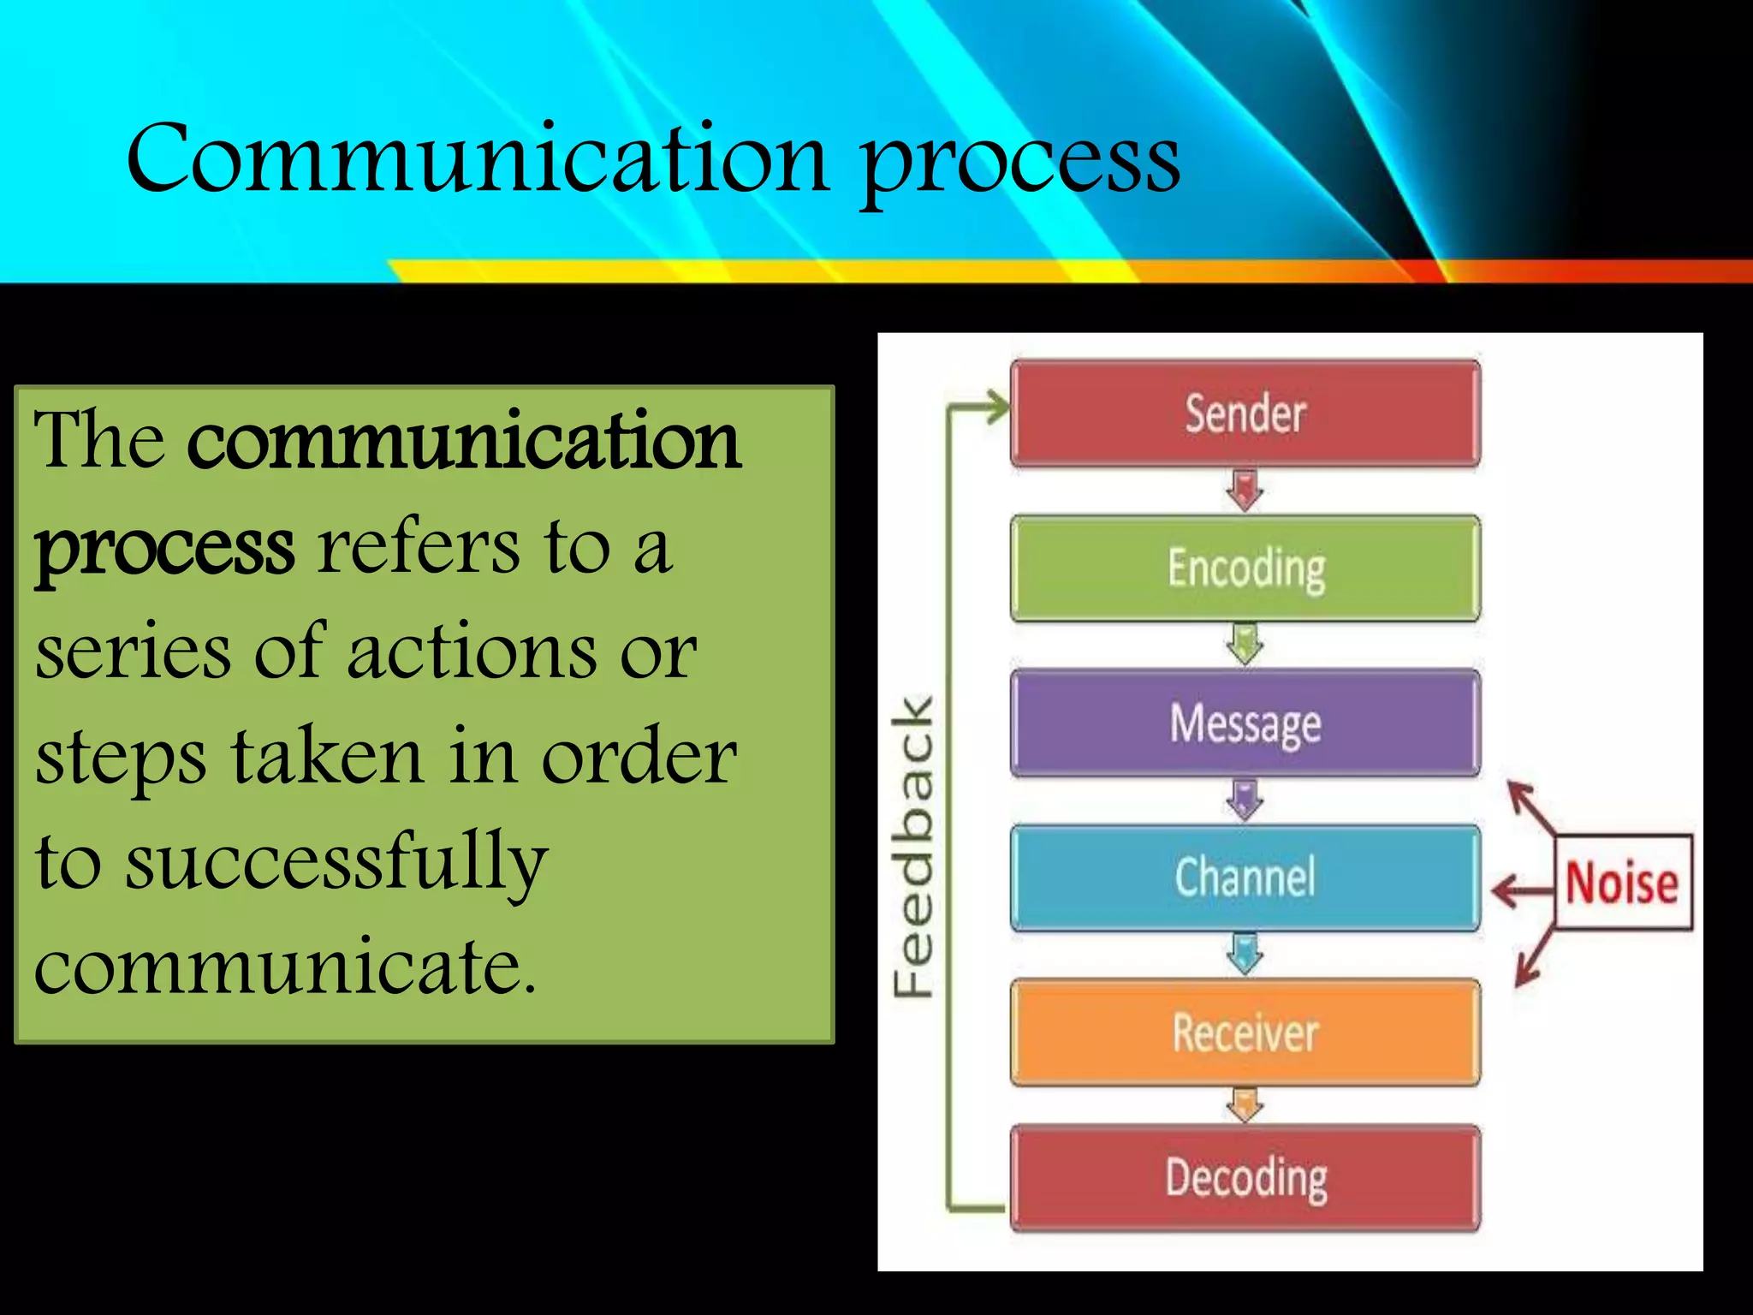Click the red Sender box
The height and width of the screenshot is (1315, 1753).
pyautogui.click(x=1245, y=414)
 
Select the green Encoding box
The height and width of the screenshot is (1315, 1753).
pyautogui.click(x=1245, y=568)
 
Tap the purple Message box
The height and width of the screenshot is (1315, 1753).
pyautogui.click(x=1245, y=723)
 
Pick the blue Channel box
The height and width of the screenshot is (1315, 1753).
pyautogui.click(x=1245, y=878)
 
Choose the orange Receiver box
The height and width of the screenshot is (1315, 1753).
pyautogui.click(x=1245, y=1032)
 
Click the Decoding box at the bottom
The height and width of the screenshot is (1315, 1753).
pyautogui.click(x=1245, y=1179)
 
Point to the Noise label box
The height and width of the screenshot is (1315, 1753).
pyautogui.click(x=1623, y=883)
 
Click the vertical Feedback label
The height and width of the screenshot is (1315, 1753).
pyautogui.click(x=913, y=848)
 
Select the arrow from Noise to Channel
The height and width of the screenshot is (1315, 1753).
pyautogui.click(x=1522, y=890)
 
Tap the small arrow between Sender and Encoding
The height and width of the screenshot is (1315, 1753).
pyautogui.click(x=1245, y=491)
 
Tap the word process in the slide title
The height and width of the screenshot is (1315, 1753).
pyautogui.click(x=1020, y=163)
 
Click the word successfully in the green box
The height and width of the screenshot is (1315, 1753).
pyautogui.click(x=336, y=863)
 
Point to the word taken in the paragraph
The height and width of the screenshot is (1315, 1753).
pyautogui.click(x=327, y=757)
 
